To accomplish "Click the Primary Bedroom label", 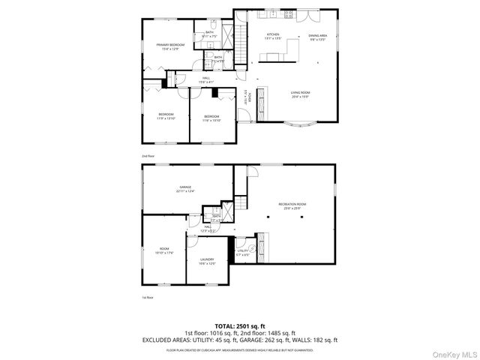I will tap(170, 47).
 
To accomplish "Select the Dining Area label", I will tap(318, 37).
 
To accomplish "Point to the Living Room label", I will tap(301, 94).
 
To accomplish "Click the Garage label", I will tap(184, 188).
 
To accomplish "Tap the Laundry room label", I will tap(207, 261).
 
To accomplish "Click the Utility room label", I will tap(244, 253).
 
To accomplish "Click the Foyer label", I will tap(245, 95).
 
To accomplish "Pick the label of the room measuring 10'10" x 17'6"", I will tap(165, 250).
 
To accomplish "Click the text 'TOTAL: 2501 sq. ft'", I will tap(239, 325).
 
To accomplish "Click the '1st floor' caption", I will tap(148, 297).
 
